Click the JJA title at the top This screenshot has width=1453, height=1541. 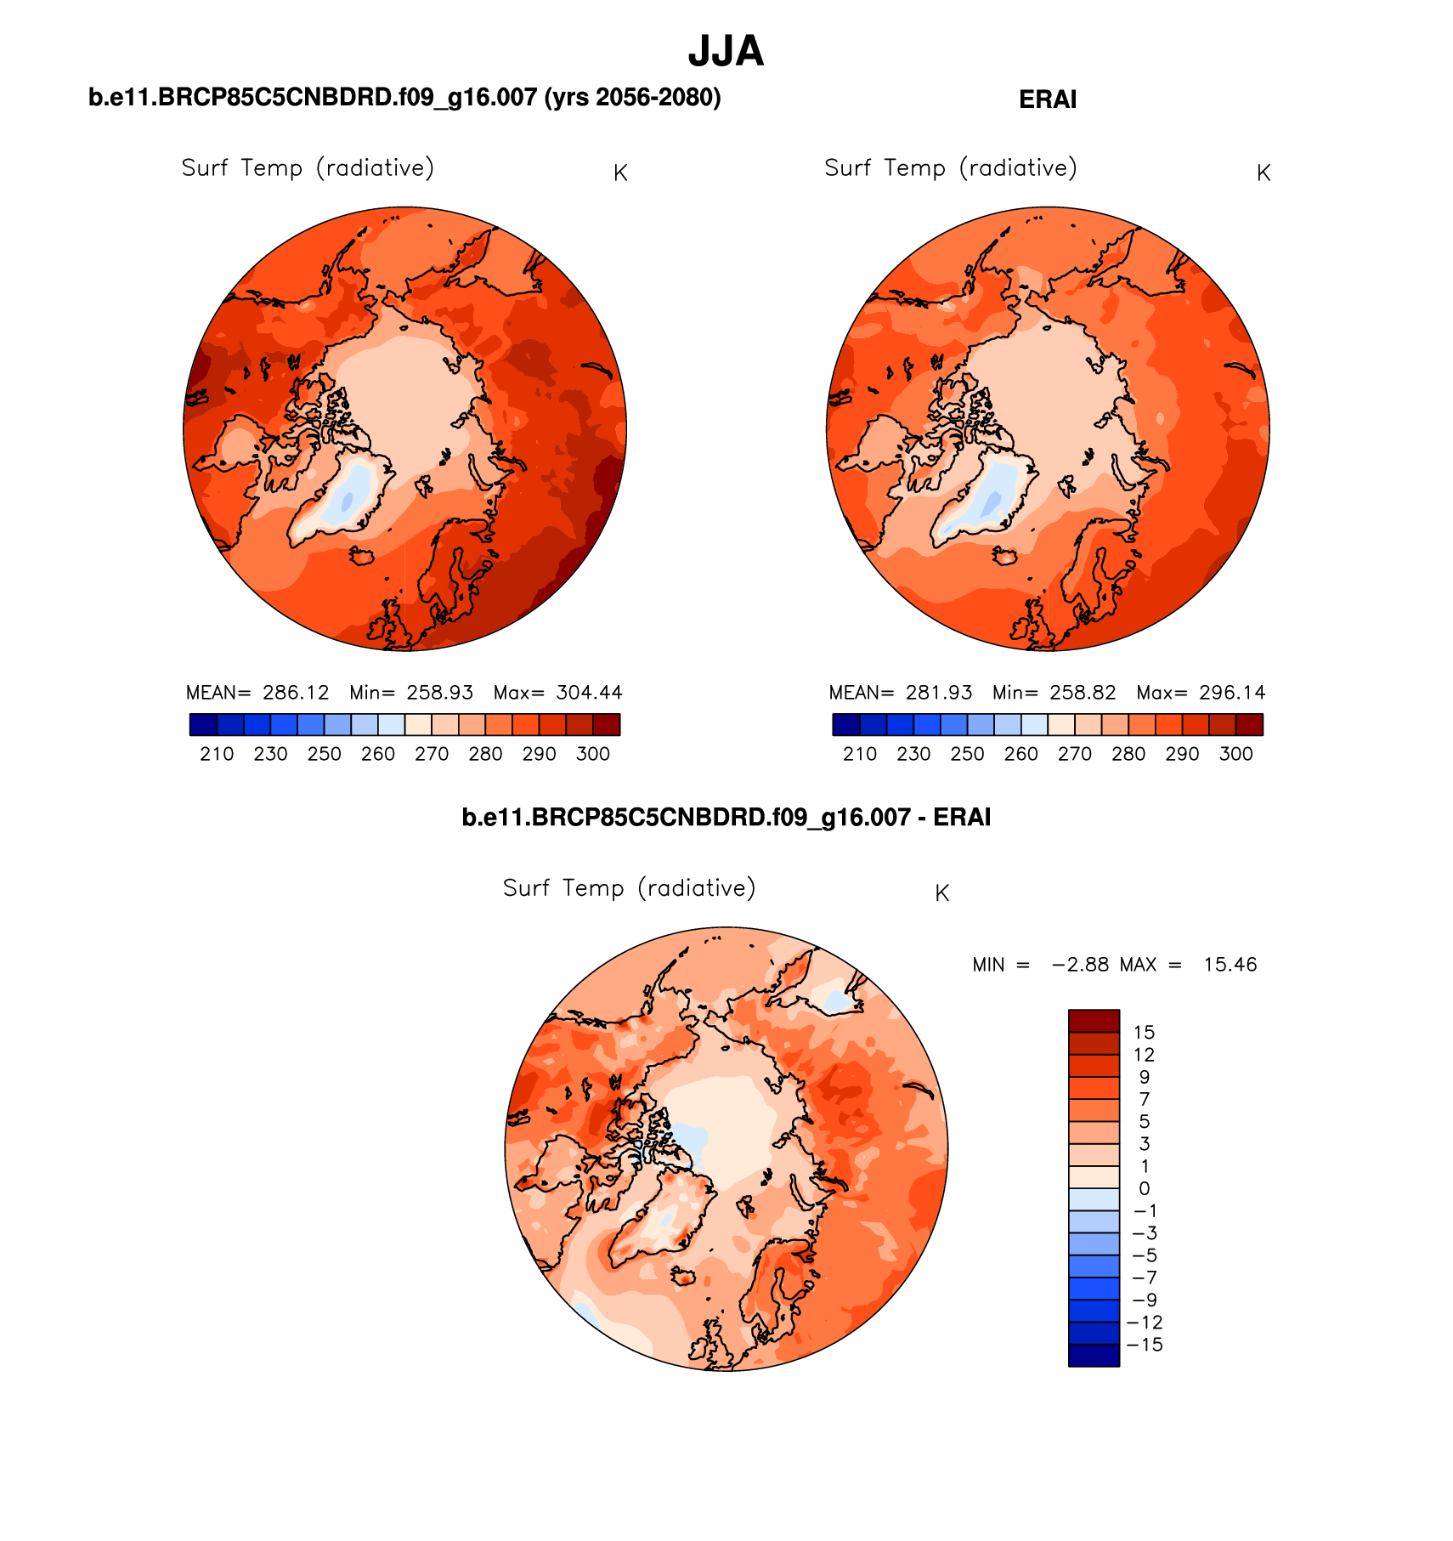(x=726, y=52)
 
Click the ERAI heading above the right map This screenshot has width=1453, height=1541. (x=1047, y=99)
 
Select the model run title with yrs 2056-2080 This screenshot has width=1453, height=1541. (x=404, y=98)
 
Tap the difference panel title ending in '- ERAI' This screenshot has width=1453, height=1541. (x=726, y=817)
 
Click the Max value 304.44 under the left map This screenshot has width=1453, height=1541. (x=589, y=693)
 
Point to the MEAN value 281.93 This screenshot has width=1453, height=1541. (x=938, y=693)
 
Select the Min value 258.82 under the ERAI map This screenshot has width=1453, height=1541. (x=1082, y=693)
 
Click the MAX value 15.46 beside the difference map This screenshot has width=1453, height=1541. (x=1230, y=965)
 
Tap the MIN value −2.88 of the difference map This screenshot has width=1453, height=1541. (x=1080, y=965)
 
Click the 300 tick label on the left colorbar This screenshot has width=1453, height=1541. (x=593, y=754)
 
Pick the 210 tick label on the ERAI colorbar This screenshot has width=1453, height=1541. (x=860, y=754)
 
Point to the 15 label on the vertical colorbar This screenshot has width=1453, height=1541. (x=1144, y=1033)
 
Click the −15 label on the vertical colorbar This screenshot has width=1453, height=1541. (x=1144, y=1345)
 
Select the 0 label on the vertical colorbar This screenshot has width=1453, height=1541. (x=1144, y=1189)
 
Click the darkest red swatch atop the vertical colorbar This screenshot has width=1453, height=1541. (x=1094, y=1020)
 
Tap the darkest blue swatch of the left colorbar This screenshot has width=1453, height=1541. (x=204, y=724)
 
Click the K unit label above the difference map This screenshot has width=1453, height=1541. (x=941, y=893)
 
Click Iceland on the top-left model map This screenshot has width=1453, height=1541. (x=363, y=556)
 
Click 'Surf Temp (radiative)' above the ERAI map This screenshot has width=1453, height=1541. (x=951, y=168)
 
